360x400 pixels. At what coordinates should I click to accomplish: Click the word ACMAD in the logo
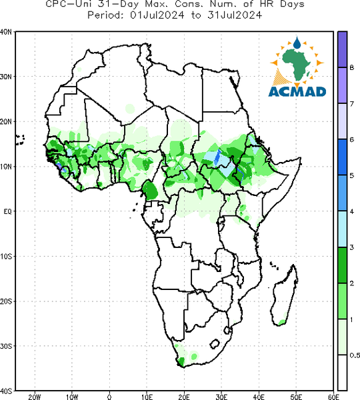[x=297, y=92]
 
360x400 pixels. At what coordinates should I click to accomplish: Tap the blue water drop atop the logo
[x=297, y=43]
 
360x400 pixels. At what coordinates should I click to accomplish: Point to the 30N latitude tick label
[x=6, y=77]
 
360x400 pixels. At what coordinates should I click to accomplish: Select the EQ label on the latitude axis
[x=7, y=211]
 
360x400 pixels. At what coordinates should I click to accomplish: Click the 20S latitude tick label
[x=6, y=301]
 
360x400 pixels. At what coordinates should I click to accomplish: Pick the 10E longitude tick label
[x=147, y=397]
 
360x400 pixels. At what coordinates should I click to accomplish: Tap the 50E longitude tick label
[x=296, y=397]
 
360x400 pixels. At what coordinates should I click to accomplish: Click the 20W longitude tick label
[x=35, y=397]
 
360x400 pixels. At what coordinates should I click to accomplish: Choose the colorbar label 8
[x=352, y=67]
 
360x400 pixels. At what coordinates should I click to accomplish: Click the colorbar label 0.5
[x=355, y=355]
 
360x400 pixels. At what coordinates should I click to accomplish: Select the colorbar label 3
[x=352, y=247]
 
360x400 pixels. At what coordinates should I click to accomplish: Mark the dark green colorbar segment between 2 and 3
[x=342, y=265]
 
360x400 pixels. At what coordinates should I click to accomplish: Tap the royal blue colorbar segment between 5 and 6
[x=342, y=157]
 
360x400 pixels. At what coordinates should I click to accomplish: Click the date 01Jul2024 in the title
[x=157, y=15]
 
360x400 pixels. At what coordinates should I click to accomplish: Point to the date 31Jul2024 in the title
[x=235, y=15]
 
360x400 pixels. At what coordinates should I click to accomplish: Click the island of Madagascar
[x=285, y=297]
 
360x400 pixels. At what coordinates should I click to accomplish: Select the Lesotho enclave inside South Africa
[x=215, y=344]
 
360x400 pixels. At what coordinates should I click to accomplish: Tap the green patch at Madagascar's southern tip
[x=282, y=322]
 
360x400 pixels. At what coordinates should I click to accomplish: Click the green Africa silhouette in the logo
[x=296, y=63]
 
